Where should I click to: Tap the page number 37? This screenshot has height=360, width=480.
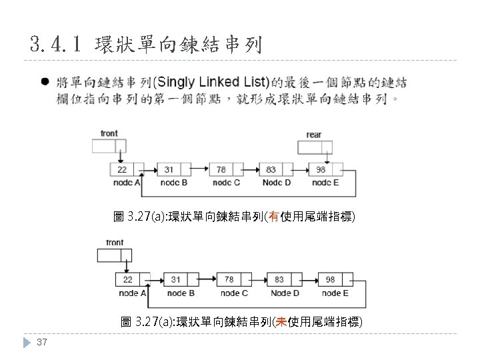point(41,342)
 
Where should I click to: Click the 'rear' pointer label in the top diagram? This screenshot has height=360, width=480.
point(313,135)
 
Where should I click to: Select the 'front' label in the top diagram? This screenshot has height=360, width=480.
point(109,133)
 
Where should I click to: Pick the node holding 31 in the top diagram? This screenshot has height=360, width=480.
point(175,169)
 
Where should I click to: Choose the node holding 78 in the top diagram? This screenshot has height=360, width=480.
point(227,169)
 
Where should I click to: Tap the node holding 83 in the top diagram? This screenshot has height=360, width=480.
point(277,169)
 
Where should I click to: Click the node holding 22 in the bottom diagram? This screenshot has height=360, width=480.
point(133,279)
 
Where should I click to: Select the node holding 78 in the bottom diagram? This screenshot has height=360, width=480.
point(234,279)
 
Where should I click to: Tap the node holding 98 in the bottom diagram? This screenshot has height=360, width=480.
point(337,279)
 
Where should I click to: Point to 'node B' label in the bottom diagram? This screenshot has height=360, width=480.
point(181,293)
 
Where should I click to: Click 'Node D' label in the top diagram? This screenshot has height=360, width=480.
point(276,182)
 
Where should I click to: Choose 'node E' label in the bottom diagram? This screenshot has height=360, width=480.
point(335,293)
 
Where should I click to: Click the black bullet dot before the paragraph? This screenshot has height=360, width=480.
point(44,83)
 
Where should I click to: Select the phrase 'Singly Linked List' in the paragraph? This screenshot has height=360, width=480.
point(211,83)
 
